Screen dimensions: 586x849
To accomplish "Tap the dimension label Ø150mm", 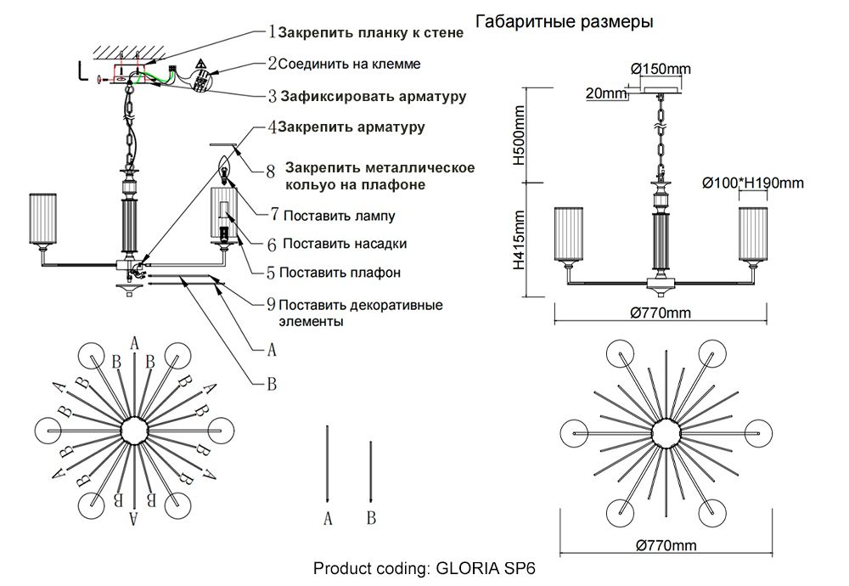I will tap(661, 68).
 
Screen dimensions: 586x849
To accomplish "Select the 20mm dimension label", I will tap(601, 93).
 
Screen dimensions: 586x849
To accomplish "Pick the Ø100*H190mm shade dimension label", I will tap(753, 182).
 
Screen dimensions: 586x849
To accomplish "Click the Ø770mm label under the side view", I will tap(661, 312).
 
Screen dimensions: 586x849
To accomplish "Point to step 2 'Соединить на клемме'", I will tap(349, 64).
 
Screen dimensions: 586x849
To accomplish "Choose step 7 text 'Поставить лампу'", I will tap(339, 216).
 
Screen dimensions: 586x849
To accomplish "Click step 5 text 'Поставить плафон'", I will tap(339, 273).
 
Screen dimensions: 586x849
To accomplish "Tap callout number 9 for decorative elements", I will tap(271, 305).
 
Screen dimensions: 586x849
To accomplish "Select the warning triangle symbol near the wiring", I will tap(201, 65).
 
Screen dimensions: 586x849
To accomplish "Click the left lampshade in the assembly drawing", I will tap(42, 219).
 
